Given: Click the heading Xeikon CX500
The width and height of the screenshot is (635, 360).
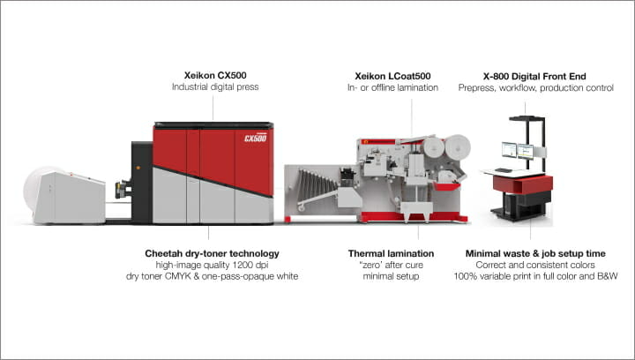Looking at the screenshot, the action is [x=215, y=75].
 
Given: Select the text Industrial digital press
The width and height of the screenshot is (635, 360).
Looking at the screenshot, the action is [x=215, y=87].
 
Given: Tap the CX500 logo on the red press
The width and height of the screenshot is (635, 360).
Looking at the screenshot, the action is [x=256, y=138].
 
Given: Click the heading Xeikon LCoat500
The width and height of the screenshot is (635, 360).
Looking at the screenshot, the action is [x=392, y=76].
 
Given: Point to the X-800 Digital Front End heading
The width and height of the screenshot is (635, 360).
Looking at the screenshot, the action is [x=534, y=77].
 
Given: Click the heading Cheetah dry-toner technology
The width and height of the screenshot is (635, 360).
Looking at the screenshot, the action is [x=213, y=254].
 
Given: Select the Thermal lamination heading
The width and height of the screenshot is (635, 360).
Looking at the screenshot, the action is [x=391, y=254].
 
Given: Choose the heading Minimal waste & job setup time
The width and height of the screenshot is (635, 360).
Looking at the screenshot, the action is [x=535, y=254].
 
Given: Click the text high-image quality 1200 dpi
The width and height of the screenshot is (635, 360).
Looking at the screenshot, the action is [x=213, y=266].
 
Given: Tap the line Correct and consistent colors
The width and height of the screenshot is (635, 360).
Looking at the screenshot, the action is [x=535, y=266].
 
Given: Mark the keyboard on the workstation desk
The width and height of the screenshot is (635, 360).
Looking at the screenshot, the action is [x=504, y=170].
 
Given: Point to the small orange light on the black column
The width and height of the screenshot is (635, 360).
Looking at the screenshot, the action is [x=138, y=168].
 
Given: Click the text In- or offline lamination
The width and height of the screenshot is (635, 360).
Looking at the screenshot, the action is [x=392, y=88].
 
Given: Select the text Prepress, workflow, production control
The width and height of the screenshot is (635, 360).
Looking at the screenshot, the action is [x=536, y=88].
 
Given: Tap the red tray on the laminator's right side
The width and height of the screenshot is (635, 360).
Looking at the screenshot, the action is [x=447, y=186].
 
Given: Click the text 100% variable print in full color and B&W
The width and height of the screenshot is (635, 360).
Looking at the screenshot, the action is [x=535, y=276].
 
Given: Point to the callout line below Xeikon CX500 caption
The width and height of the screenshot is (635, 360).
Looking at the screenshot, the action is [x=213, y=109].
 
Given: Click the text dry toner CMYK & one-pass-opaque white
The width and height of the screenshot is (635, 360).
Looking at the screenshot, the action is [x=213, y=276].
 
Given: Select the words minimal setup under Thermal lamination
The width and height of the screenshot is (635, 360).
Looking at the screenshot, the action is [x=391, y=276].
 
